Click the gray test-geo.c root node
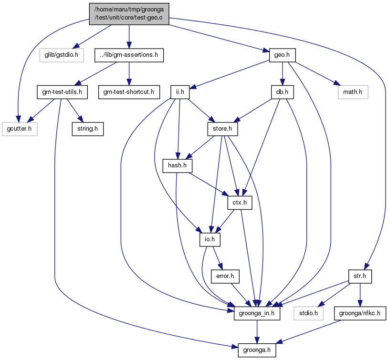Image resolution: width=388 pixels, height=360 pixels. pyautogui.click(x=129, y=14)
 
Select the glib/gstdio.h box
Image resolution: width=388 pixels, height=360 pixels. pyautogui.click(x=62, y=55)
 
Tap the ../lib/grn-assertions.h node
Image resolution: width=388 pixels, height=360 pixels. pyautogui.click(x=129, y=55)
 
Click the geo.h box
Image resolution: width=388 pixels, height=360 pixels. pyautogui.click(x=283, y=55)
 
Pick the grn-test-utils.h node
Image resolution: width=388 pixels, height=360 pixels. pyautogui.click(x=62, y=92)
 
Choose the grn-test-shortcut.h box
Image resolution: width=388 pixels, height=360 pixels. pyautogui.click(x=129, y=92)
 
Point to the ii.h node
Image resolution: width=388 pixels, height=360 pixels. pyautogui.click(x=180, y=92)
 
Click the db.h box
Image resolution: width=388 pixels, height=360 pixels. pyautogui.click(x=283, y=92)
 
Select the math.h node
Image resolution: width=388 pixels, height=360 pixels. pyautogui.click(x=353, y=92)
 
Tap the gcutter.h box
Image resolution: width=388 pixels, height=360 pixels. pyautogui.click(x=20, y=129)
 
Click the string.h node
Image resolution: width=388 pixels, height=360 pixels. pyautogui.click(x=88, y=129)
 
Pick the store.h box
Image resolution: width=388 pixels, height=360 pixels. pyautogui.click(x=222, y=129)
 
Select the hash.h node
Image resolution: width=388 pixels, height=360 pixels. pyautogui.click(x=178, y=166)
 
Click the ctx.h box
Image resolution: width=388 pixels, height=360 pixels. pyautogui.click(x=240, y=203)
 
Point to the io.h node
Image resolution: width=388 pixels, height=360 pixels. pyautogui.click(x=210, y=239)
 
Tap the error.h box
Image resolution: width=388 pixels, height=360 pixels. pyautogui.click(x=225, y=277)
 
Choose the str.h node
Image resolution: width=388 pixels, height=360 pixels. pyautogui.click(x=360, y=277)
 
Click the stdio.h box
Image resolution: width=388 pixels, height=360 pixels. pyautogui.click(x=309, y=314)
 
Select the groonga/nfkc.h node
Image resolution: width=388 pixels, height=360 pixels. pyautogui.click(x=360, y=314)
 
